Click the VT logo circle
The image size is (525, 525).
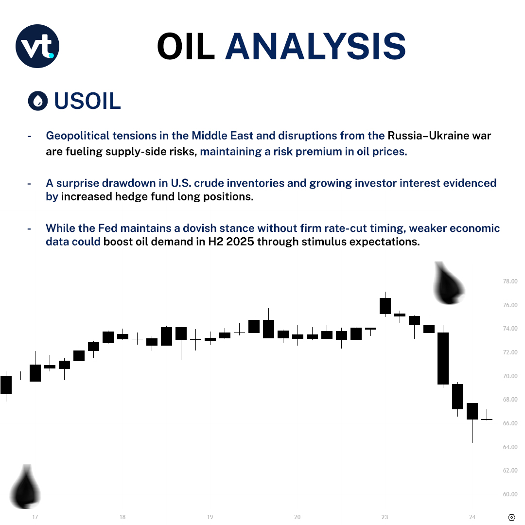37,46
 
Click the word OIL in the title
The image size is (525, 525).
185,47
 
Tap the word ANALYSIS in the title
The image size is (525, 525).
315,47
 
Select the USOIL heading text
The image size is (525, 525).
87,101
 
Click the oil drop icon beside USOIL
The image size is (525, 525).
38,101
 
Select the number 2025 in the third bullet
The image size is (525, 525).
238,242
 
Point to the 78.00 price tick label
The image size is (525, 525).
510,281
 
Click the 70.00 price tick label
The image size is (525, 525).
510,376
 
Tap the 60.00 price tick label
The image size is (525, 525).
510,494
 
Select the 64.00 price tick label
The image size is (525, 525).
510,447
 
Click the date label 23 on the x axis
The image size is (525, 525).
385,517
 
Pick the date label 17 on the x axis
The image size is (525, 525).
35,517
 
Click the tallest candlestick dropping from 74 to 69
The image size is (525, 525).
443,358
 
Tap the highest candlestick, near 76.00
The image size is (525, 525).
385,305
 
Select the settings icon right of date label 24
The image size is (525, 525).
511,517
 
